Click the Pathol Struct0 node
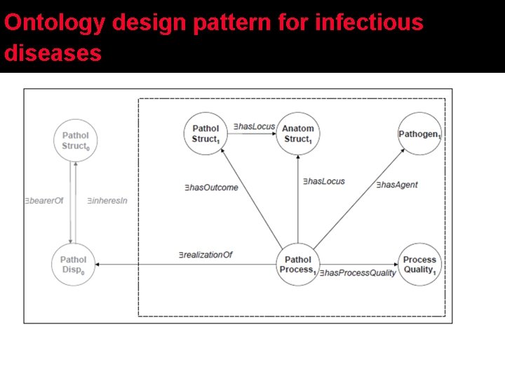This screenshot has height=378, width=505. coord(75,140)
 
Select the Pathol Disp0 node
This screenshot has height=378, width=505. coord(73,265)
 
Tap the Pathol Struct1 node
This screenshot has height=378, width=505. coord(206,134)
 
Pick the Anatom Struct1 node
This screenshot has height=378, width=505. coord(297,134)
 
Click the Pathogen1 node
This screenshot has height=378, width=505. coord(419,134)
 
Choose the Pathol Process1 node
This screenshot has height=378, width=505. coord(298,265)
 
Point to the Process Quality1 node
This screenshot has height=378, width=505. coord(419,265)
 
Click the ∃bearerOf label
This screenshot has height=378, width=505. coord(43,201)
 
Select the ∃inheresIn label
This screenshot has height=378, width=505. coord(107,201)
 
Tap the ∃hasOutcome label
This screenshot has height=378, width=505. coord(210,187)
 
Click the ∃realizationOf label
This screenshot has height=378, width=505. coord(205,255)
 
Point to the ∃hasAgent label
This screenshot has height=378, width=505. coord(396,185)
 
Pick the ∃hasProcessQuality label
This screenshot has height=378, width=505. coord(358,273)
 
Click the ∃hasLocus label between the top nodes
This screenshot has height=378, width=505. coord(254,126)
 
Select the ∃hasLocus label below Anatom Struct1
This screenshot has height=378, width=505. coord(323,181)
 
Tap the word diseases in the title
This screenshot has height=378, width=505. coord(53,53)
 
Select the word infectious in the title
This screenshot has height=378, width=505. coord(370,23)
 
